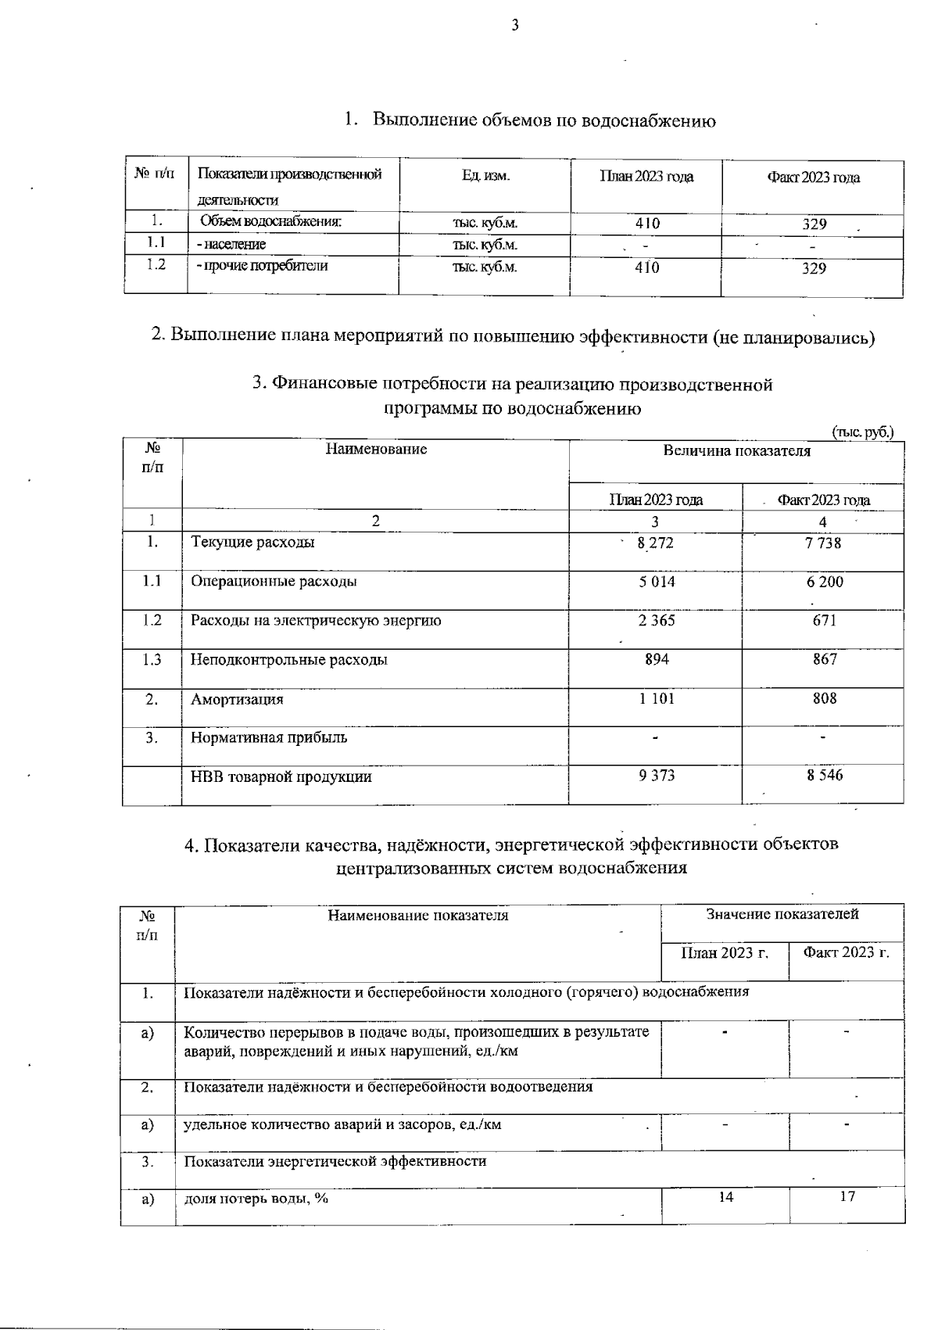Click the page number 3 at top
tap(514, 25)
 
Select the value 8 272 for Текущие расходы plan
tap(655, 543)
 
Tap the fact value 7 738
tap(822, 542)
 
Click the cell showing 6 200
tap(825, 582)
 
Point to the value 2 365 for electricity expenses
tap(656, 620)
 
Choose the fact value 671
tap(824, 620)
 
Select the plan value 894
tap(657, 659)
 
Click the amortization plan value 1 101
tap(656, 698)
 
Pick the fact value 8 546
tap(825, 776)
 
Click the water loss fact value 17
tap(847, 1197)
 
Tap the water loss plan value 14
tap(725, 1197)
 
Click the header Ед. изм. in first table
tap(485, 177)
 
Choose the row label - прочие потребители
tap(262, 266)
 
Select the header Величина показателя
tap(736, 451)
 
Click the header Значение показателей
tap(782, 914)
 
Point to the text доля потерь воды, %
tap(256, 1199)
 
